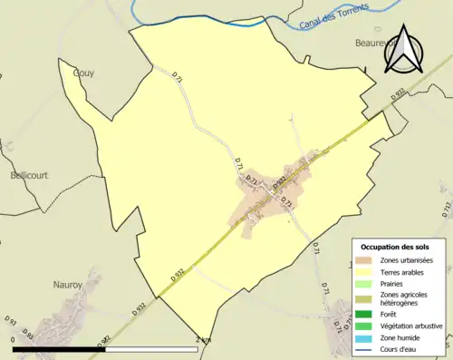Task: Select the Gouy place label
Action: [83, 73]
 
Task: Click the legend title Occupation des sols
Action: [395, 247]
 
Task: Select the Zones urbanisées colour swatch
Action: [362, 261]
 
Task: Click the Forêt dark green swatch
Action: [362, 314]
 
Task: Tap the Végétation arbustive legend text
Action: [412, 326]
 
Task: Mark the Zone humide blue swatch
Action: [362, 336]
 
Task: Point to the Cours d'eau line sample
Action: [362, 348]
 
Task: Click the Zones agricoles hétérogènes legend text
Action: [405, 298]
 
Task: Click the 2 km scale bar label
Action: [204, 339]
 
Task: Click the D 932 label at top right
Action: [398, 93]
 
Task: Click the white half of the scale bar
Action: [149, 348]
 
